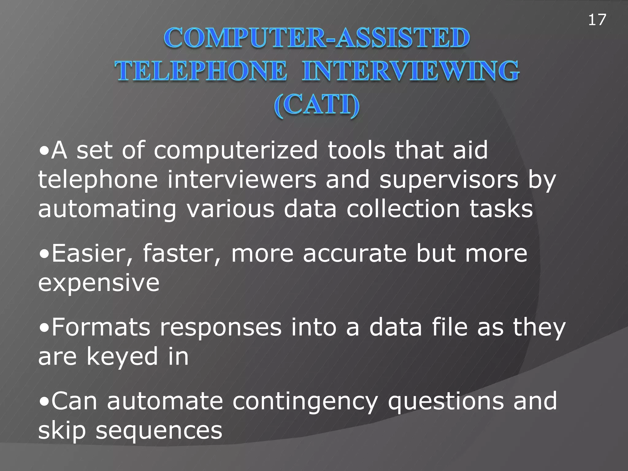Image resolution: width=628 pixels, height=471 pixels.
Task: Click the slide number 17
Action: (x=597, y=20)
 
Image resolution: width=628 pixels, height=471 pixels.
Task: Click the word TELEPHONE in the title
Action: (x=201, y=71)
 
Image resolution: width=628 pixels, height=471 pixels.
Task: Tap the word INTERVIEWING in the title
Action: (x=410, y=71)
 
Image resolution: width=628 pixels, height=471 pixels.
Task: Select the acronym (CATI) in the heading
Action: (x=316, y=105)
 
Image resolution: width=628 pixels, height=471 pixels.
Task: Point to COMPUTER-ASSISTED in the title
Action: (x=316, y=38)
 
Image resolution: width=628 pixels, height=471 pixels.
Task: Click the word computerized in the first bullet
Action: (x=235, y=150)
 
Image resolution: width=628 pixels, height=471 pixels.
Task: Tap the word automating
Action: (x=107, y=209)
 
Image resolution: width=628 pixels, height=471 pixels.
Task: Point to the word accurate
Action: (x=354, y=254)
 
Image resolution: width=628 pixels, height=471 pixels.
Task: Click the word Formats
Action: (x=101, y=327)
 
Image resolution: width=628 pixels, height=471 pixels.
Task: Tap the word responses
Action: (x=220, y=328)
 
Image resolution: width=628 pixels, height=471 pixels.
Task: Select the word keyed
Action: (x=122, y=357)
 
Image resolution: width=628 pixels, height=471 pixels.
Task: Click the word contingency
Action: (x=305, y=401)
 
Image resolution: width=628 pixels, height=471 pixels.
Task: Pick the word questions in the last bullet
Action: (x=446, y=401)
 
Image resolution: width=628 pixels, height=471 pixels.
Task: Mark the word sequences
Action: (x=159, y=431)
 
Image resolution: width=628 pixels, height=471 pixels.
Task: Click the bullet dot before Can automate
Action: (x=44, y=401)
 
